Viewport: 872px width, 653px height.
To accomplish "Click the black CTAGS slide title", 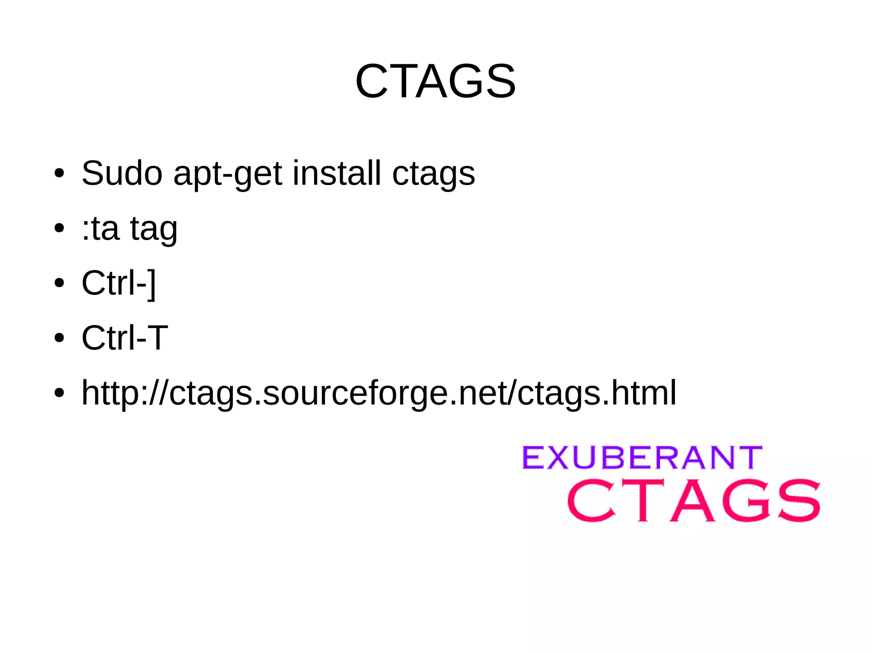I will (436, 81).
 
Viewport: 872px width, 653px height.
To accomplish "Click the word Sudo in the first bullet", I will (122, 173).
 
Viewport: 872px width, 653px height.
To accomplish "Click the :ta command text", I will (100, 228).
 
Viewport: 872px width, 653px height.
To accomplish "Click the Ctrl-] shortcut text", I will (119, 283).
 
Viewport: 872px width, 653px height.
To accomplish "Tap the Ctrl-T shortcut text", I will (124, 338).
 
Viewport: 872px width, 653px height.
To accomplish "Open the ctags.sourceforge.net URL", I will (379, 393).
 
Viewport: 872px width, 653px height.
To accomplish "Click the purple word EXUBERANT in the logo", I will (642, 458).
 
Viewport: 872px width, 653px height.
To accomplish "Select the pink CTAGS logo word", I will (694, 500).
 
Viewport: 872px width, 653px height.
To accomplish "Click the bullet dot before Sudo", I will (59, 174).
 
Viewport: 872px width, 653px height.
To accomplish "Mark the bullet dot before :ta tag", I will (59, 228).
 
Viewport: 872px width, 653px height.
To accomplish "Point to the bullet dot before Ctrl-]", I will (59, 283).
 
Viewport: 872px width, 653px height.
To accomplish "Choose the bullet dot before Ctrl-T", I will (59, 338).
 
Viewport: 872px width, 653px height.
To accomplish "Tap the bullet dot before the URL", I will (59, 393).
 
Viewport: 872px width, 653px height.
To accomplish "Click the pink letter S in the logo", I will (798, 500).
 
